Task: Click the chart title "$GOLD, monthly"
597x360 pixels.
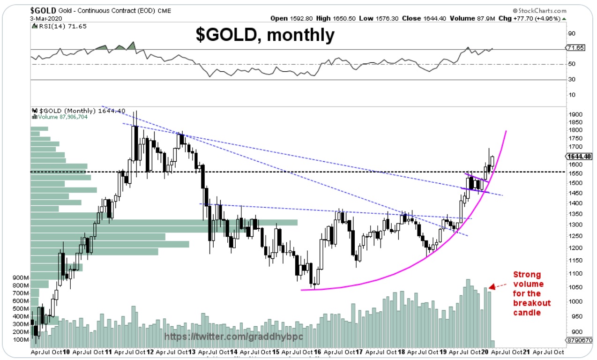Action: pyautogui.click(x=265, y=35)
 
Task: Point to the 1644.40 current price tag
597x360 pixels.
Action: pyautogui.click(x=579, y=156)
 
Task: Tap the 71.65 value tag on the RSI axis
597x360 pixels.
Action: pyautogui.click(x=575, y=48)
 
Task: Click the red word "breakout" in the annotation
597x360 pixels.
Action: pyautogui.click(x=532, y=303)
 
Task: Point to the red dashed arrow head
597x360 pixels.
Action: pyautogui.click(x=492, y=286)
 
